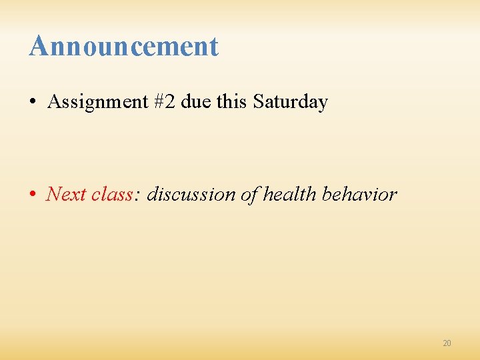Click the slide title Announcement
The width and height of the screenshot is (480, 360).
123,47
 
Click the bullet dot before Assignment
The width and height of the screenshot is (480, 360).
33,103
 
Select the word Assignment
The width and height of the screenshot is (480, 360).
97,102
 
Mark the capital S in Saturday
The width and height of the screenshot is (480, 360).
257,102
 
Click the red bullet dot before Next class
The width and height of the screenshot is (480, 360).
33,195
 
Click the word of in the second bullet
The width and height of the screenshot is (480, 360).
249,194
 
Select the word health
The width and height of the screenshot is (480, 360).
290,194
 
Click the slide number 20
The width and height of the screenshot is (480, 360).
447,343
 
